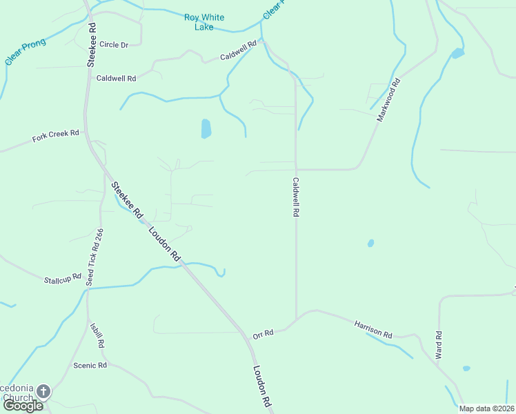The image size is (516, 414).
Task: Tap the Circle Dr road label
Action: (114, 44)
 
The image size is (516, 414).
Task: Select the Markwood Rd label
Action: (388, 101)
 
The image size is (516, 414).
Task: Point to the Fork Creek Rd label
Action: (56, 136)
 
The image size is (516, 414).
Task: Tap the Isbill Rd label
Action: (97, 335)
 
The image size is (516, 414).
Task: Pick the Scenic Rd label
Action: (90, 365)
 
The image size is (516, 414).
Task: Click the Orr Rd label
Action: (264, 334)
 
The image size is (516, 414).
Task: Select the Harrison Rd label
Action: (373, 328)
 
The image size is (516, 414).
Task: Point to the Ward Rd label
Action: (438, 345)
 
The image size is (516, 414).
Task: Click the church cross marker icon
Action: (43, 392)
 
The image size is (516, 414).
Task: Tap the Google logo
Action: (23, 405)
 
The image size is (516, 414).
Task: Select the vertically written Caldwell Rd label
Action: (295, 197)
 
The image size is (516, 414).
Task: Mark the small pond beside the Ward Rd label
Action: (466, 368)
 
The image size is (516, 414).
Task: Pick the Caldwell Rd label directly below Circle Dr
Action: (116, 78)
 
